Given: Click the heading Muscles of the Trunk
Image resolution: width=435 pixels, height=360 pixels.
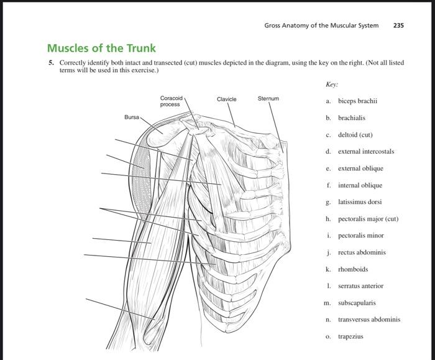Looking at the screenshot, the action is (x=101, y=48).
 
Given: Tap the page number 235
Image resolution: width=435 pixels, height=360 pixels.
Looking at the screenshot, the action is (x=398, y=25).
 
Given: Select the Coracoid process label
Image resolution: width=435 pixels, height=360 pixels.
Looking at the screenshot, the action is (x=171, y=101).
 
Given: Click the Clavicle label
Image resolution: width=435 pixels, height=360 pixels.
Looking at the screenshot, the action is (x=226, y=99).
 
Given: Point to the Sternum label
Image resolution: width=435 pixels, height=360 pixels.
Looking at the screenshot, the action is (x=268, y=98).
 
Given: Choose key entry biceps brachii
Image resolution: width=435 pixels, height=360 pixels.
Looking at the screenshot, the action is (x=357, y=101).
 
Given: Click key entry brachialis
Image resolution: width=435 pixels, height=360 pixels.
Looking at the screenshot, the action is (x=352, y=118).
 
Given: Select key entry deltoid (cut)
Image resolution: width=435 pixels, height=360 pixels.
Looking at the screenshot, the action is (x=355, y=134).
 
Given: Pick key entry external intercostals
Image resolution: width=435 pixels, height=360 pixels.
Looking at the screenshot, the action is (x=366, y=151).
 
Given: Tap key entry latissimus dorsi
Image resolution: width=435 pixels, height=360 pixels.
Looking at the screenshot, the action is (x=360, y=202).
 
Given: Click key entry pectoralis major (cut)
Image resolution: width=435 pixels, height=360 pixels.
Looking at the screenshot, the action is (x=368, y=219).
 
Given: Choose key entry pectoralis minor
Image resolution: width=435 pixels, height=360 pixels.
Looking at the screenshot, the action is (x=360, y=236).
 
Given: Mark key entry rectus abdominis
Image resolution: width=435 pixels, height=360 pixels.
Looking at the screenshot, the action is (x=362, y=252).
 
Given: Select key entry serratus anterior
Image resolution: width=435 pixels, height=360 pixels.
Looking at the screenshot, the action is (x=360, y=286).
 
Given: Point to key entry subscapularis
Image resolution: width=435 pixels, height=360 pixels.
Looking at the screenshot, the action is (x=357, y=303).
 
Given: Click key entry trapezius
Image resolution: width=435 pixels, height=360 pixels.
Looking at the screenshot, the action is (x=350, y=336).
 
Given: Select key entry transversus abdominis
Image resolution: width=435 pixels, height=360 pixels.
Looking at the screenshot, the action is (x=369, y=320).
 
